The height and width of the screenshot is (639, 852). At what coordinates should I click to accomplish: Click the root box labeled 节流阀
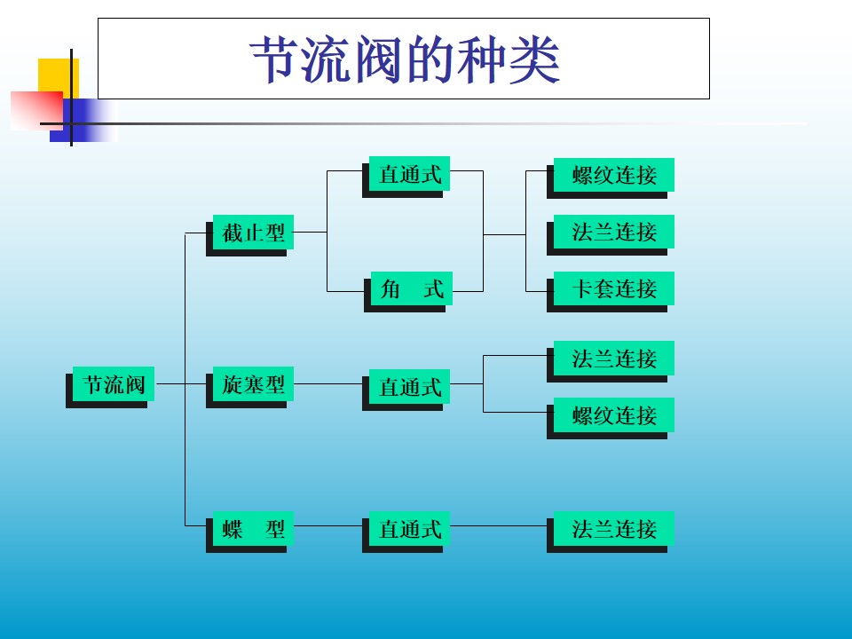pyautogui.click(x=114, y=384)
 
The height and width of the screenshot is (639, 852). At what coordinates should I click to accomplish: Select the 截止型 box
pyautogui.click(x=253, y=233)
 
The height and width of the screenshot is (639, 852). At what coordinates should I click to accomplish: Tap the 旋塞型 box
pyautogui.click(x=253, y=384)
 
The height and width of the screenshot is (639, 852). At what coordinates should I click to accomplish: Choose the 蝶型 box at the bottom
pyautogui.click(x=253, y=529)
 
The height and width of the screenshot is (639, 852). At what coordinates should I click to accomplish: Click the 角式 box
pyautogui.click(x=411, y=288)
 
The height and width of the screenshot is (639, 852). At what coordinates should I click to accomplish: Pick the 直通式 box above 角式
pyautogui.click(x=410, y=174)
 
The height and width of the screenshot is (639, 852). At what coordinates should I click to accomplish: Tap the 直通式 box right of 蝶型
pyautogui.click(x=410, y=529)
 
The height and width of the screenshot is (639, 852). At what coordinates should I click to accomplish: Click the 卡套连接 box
pyautogui.click(x=614, y=288)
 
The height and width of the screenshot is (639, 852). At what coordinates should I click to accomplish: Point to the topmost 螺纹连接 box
pyautogui.click(x=614, y=175)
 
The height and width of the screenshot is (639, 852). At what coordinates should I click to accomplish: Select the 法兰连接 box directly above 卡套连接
pyautogui.click(x=614, y=232)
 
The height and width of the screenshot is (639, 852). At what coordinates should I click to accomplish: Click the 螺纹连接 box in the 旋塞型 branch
pyautogui.click(x=614, y=414)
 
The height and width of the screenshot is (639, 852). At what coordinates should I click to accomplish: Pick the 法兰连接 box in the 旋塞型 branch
pyautogui.click(x=614, y=358)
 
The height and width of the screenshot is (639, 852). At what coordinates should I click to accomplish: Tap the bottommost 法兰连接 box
pyautogui.click(x=614, y=529)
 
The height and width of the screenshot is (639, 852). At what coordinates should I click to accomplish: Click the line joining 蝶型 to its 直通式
pyautogui.click(x=328, y=526)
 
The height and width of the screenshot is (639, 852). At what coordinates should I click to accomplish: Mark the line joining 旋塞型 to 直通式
pyautogui.click(x=328, y=384)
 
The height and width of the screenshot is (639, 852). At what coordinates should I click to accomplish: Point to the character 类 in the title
pyautogui.click(x=534, y=60)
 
